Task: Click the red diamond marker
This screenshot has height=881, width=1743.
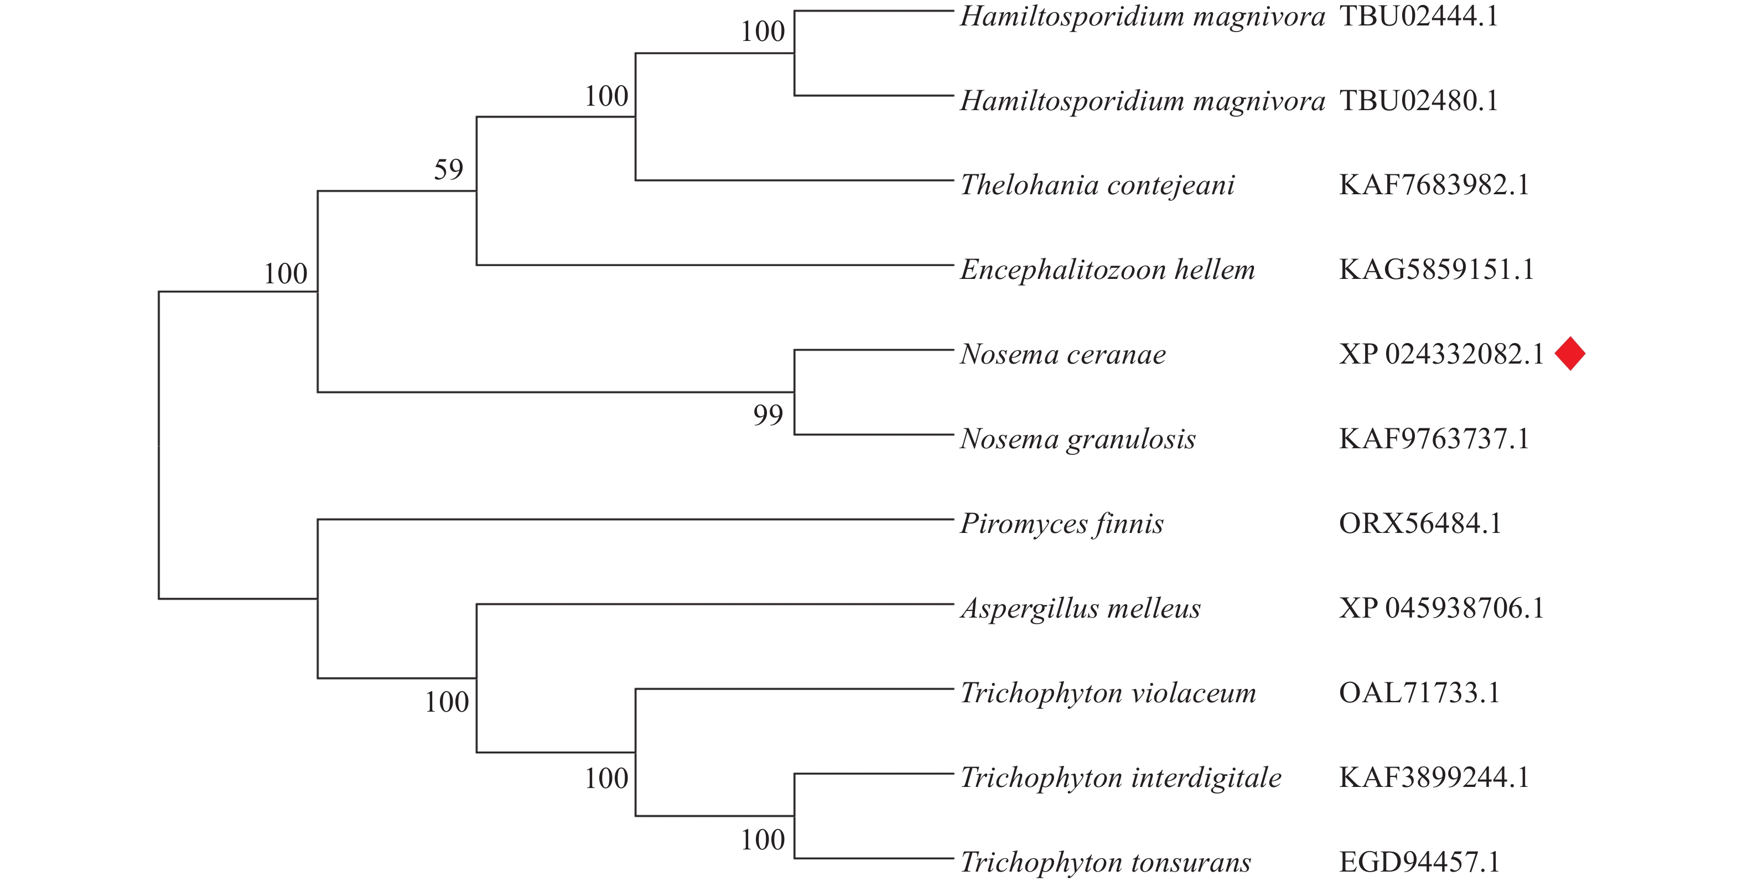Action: [x=1570, y=354]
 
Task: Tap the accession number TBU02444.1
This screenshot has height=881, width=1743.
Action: [x=1419, y=16]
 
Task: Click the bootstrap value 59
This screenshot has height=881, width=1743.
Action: [x=449, y=169]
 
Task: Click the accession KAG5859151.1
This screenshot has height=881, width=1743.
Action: [x=1436, y=270]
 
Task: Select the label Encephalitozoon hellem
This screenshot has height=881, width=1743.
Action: [x=1108, y=270]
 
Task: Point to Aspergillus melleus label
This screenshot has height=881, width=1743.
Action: [x=1081, y=608]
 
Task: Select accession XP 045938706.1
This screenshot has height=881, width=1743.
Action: [x=1441, y=608]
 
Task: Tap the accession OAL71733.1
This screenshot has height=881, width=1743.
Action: [x=1419, y=693]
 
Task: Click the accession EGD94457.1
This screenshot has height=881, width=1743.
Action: [x=1419, y=862]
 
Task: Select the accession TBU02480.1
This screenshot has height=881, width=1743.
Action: [x=1419, y=101]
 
